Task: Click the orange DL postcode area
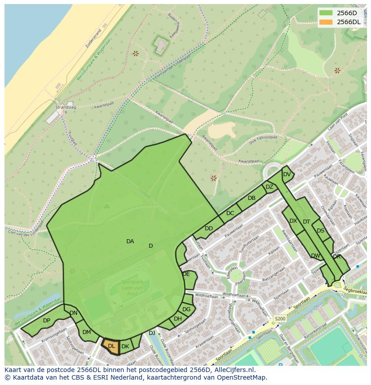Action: [111, 346]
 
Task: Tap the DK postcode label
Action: [125, 347]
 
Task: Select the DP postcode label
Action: [47, 321]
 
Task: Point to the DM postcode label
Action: [86, 332]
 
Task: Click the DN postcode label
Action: [73, 313]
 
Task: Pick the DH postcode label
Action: [178, 319]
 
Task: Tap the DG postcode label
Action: [186, 309]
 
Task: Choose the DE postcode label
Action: [186, 274]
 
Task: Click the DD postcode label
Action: [209, 228]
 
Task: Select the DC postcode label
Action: [230, 213]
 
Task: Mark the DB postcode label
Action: [251, 198]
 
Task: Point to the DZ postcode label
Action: [269, 187]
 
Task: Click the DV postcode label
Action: [287, 174]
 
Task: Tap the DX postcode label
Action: [293, 221]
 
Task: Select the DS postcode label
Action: [320, 231]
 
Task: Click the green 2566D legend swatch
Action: [326, 13]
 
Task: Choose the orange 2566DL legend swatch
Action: [326, 22]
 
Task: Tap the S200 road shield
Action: [280, 319]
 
